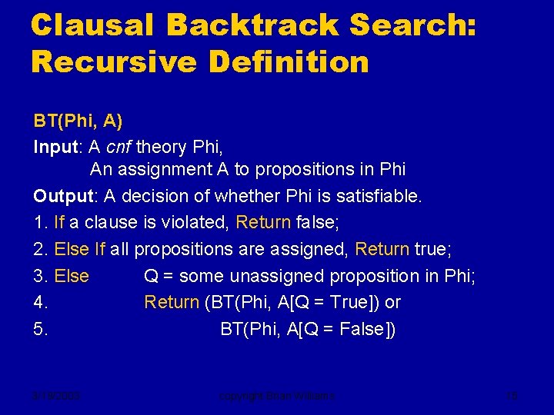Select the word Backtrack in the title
[x=252, y=25]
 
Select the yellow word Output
[x=62, y=197]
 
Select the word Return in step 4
[x=172, y=303]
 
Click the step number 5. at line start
[x=41, y=330]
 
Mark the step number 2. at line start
[x=41, y=250]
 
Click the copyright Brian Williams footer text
[x=276, y=397]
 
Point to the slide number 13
[x=513, y=397]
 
